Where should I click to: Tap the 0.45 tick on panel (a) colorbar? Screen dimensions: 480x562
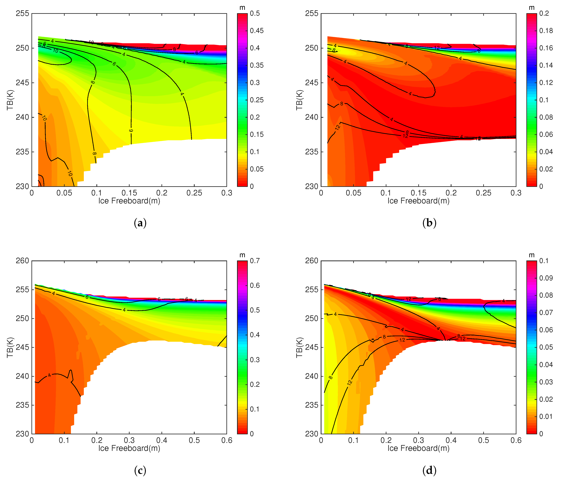click(256, 31)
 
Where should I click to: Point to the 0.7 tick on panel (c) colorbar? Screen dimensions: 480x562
click(255, 261)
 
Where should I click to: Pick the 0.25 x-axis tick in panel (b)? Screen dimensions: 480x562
click(483, 193)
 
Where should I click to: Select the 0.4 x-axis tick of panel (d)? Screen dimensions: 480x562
click(451, 440)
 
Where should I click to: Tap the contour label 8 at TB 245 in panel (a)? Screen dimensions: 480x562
click(93, 82)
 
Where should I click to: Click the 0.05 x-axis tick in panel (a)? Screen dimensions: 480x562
click(64, 193)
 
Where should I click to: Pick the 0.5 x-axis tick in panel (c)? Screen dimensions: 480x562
click(194, 440)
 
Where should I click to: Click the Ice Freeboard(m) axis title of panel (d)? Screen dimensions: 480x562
click(418, 448)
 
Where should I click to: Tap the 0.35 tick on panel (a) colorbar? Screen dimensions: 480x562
click(256, 65)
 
